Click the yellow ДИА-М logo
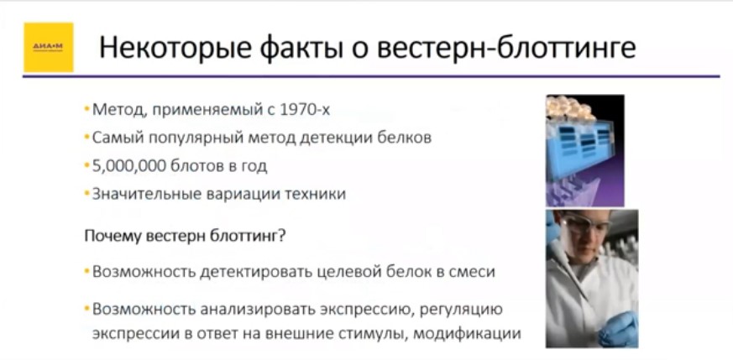tap(47, 47)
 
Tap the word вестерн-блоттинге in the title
tap(507, 48)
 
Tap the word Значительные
tap(142, 194)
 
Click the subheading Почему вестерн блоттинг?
tap(185, 236)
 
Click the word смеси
tap(473, 273)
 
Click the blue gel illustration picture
tap(584, 149)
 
